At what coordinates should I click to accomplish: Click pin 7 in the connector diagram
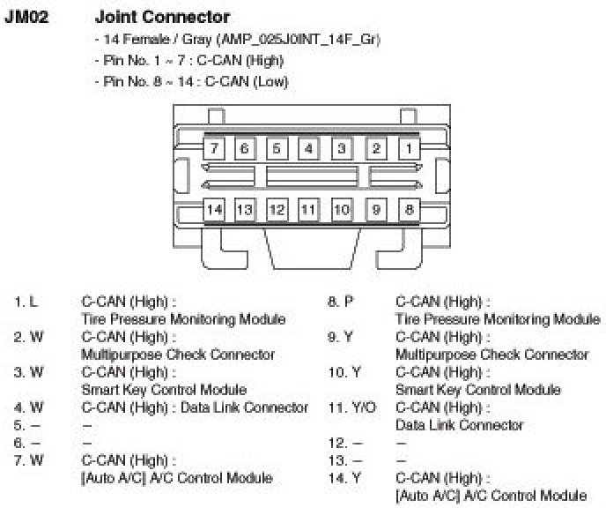214,148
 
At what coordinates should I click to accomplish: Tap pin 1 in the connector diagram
409,148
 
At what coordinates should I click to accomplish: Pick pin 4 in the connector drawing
308,148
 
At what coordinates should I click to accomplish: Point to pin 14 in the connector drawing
214,210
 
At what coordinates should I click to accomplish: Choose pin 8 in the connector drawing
409,210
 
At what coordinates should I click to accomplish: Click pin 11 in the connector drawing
308,210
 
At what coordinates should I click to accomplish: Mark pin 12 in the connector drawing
277,210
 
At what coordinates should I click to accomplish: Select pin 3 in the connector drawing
342,148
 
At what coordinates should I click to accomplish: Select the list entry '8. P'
340,302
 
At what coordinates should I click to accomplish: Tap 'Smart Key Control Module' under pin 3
164,389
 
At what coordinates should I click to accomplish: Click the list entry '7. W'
28,460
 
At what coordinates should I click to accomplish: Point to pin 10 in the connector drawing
342,210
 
